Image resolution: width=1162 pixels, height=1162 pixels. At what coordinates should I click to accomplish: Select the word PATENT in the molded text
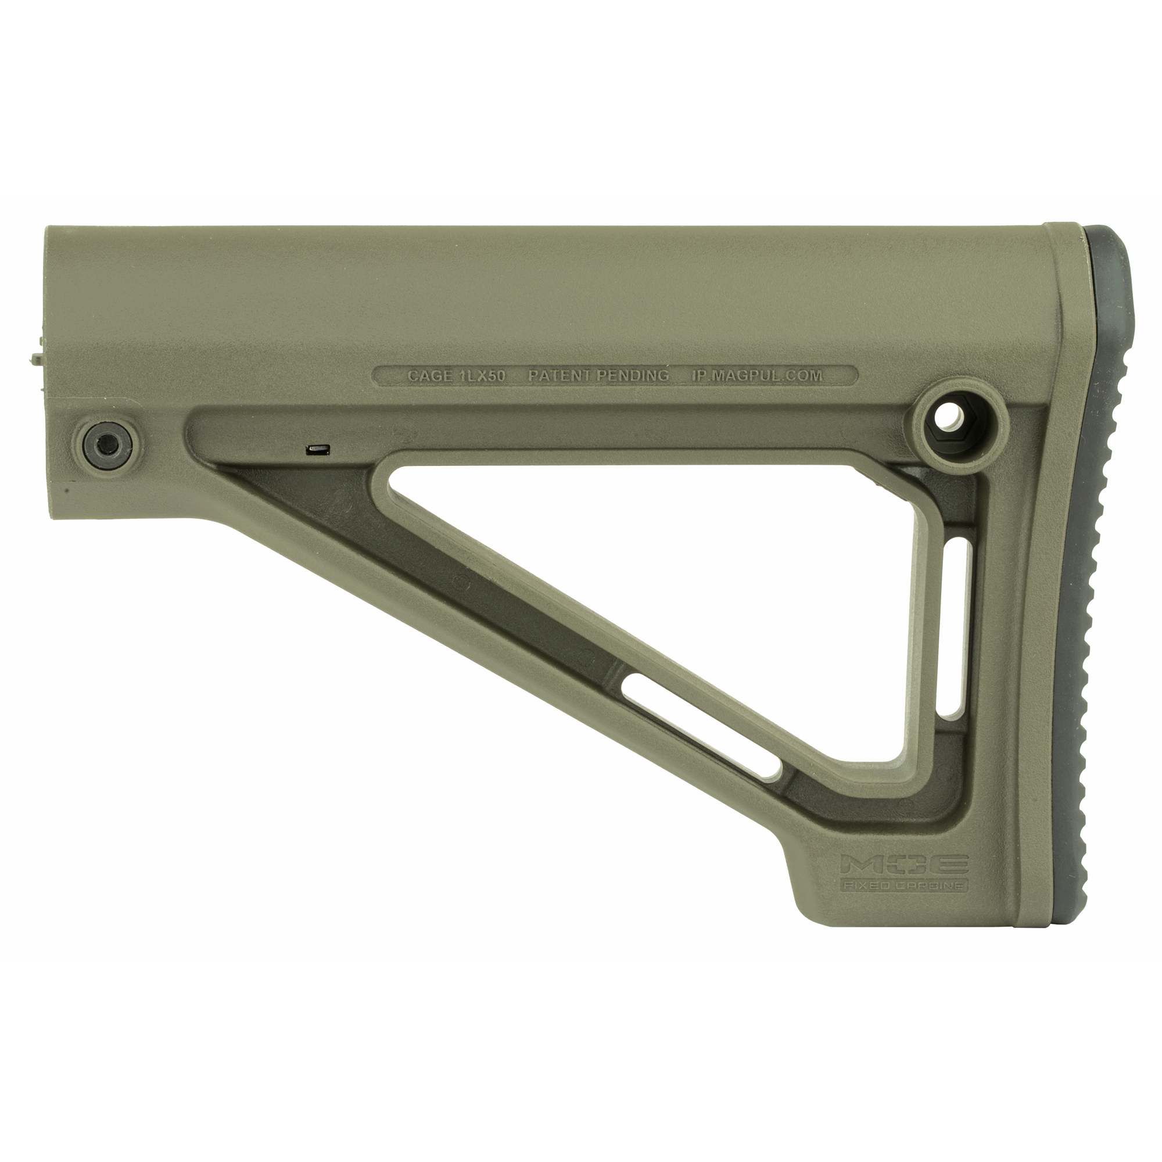click(561, 376)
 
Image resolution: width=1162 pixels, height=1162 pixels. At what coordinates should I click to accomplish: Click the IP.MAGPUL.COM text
click(756, 376)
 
